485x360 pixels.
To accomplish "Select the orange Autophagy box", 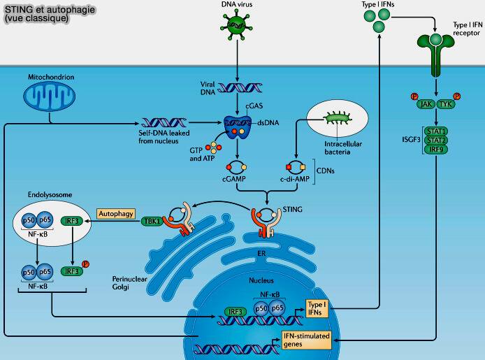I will (115, 215).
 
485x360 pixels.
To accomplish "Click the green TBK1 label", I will (152, 222).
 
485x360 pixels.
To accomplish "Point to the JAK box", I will (424, 104).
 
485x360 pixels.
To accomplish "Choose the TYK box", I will (447, 104).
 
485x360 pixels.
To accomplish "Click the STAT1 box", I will (435, 131).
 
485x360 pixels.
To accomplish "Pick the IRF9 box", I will (435, 149).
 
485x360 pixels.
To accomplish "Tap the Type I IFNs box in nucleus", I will (317, 308).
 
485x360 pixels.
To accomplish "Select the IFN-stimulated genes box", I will (306, 340).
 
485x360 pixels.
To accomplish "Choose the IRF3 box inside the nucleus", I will (237, 311).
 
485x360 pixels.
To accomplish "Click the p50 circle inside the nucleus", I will (261, 308).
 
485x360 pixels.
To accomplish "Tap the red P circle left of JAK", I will (413, 96).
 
